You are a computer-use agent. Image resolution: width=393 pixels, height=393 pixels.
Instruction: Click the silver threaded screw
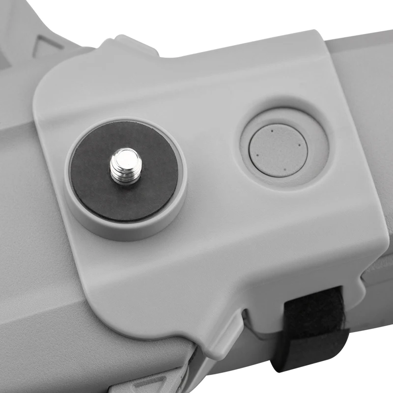point(124,166)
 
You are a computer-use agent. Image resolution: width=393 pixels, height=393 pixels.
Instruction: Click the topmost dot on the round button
point(271,131)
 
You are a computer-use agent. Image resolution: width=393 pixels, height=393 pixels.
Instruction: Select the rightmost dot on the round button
point(298,145)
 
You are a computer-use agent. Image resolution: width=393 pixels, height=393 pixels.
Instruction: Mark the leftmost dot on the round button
point(256,155)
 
